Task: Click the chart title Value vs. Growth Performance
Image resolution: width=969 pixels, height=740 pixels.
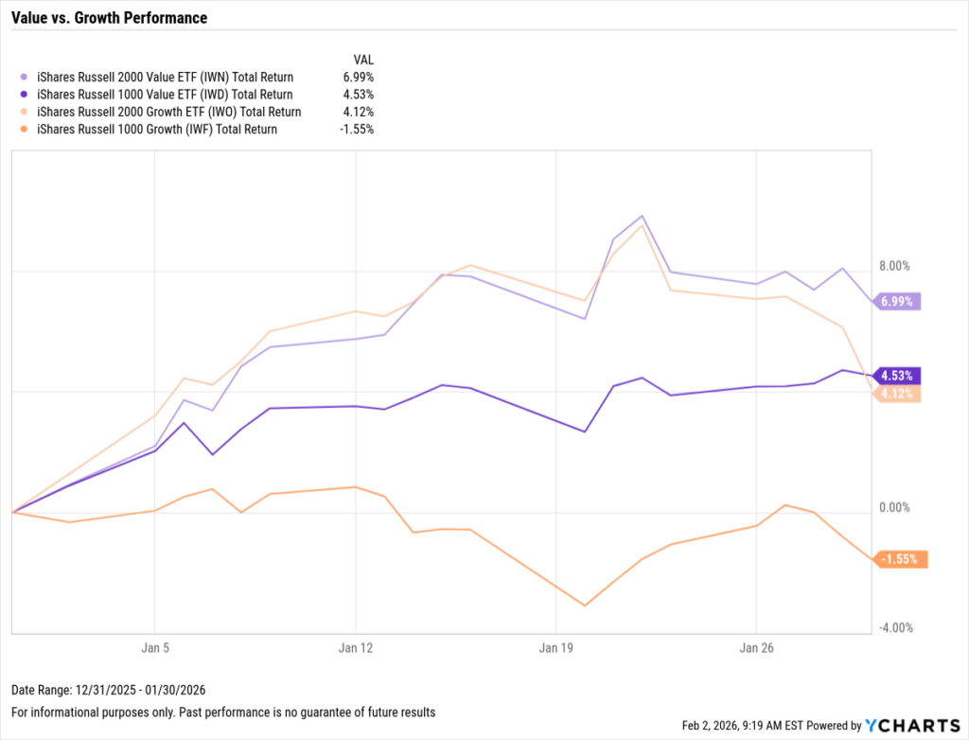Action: [x=109, y=18]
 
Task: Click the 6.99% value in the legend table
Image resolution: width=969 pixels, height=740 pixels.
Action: [x=358, y=77]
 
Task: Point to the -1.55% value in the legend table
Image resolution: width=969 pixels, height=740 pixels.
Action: [x=356, y=129]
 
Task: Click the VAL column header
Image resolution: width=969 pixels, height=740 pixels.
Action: [x=363, y=58]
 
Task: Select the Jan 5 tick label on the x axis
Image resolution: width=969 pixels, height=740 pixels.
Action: [x=154, y=649]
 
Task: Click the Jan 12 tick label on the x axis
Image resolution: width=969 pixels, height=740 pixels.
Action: [x=355, y=649]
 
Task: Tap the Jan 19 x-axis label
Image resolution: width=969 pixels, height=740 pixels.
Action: [x=555, y=649]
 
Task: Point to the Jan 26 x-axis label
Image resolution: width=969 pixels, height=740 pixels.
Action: [x=755, y=649]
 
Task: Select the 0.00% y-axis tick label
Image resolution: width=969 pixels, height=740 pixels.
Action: [x=894, y=508]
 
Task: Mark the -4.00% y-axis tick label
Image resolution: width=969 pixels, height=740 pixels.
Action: [x=894, y=628]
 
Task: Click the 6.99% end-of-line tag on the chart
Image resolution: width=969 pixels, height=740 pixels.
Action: [x=896, y=301]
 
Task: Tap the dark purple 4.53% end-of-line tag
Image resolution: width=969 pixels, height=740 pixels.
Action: [x=896, y=376]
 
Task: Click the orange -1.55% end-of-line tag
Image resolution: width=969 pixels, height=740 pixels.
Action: [x=899, y=559]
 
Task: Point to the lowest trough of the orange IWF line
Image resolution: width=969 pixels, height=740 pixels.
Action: [x=585, y=605]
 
